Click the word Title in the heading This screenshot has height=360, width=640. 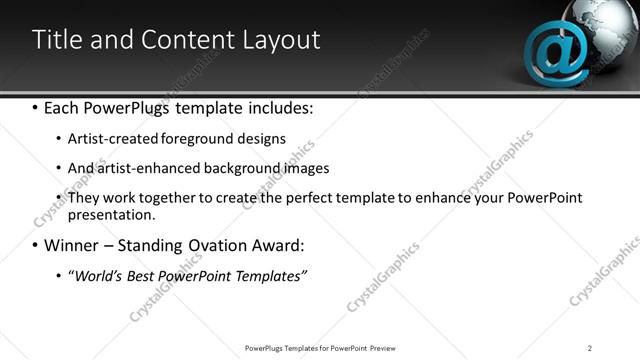[57, 40]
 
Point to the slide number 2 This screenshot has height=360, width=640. [590, 347]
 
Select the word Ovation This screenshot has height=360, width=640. [214, 245]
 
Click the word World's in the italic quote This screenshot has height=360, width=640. [98, 275]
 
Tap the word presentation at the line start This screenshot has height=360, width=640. [109, 214]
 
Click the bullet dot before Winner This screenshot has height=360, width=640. [35, 245]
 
